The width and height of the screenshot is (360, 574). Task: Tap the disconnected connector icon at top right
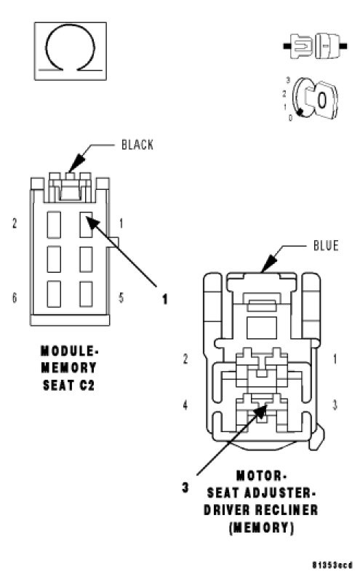click(x=315, y=46)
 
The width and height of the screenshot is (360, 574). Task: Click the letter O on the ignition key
click(x=321, y=100)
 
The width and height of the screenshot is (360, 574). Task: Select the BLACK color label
click(x=137, y=145)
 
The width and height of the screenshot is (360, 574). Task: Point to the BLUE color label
click(x=326, y=245)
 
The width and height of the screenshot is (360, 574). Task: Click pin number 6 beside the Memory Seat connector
click(x=15, y=298)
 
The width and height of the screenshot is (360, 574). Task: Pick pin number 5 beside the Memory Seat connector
click(x=121, y=298)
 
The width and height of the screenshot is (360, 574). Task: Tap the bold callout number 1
click(x=165, y=299)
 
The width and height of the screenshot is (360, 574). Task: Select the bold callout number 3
click(x=185, y=487)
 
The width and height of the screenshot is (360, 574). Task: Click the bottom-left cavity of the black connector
click(x=54, y=294)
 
